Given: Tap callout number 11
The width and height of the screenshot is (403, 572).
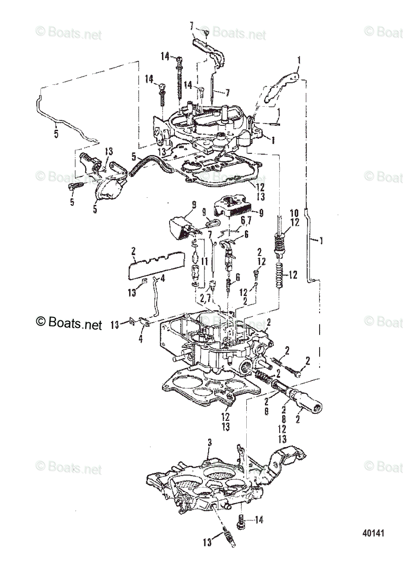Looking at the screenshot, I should click(x=204, y=262).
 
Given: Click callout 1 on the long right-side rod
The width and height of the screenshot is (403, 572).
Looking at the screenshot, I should click(x=321, y=241).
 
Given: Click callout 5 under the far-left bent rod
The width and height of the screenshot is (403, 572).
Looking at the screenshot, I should click(x=56, y=134).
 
